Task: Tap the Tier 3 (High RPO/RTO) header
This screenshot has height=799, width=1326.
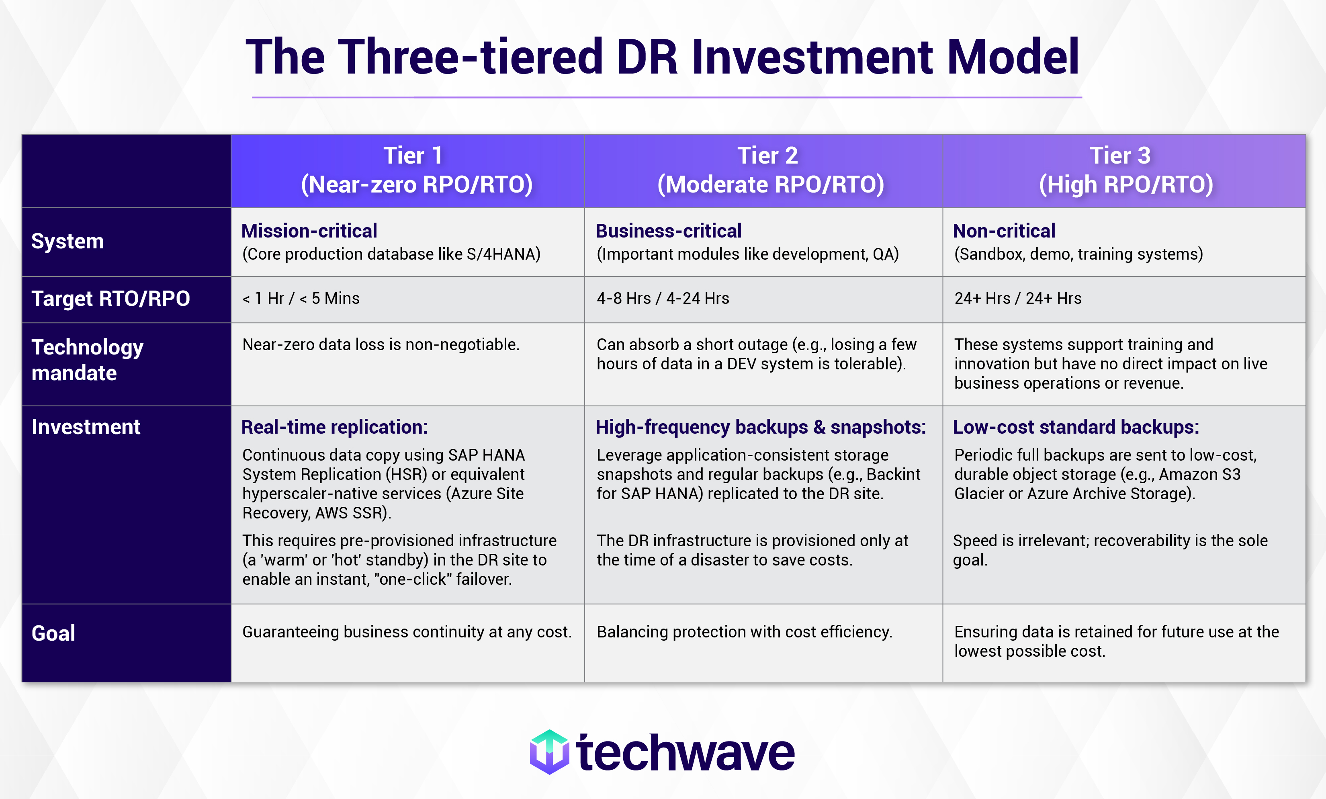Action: [1125, 170]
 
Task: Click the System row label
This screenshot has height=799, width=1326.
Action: [67, 241]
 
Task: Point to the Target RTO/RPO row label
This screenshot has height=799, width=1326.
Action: [110, 299]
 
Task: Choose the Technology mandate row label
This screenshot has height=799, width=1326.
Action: [87, 360]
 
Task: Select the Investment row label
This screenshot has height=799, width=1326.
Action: [86, 427]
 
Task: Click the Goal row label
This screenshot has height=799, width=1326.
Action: [53, 633]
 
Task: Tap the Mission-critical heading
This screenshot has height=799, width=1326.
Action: [309, 231]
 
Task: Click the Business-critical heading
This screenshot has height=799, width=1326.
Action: [668, 231]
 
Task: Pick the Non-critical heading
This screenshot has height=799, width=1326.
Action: [1004, 231]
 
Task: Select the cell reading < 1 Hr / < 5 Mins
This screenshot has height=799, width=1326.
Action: [301, 298]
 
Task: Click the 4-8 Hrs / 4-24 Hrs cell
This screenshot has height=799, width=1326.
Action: [663, 298]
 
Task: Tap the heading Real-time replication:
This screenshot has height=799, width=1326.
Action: [334, 427]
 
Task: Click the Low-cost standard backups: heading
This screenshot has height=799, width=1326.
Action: [1076, 427]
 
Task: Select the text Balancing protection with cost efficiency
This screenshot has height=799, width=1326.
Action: [744, 631]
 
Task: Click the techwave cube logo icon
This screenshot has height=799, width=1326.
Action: [549, 752]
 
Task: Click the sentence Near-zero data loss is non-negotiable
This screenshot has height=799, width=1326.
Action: [381, 344]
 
